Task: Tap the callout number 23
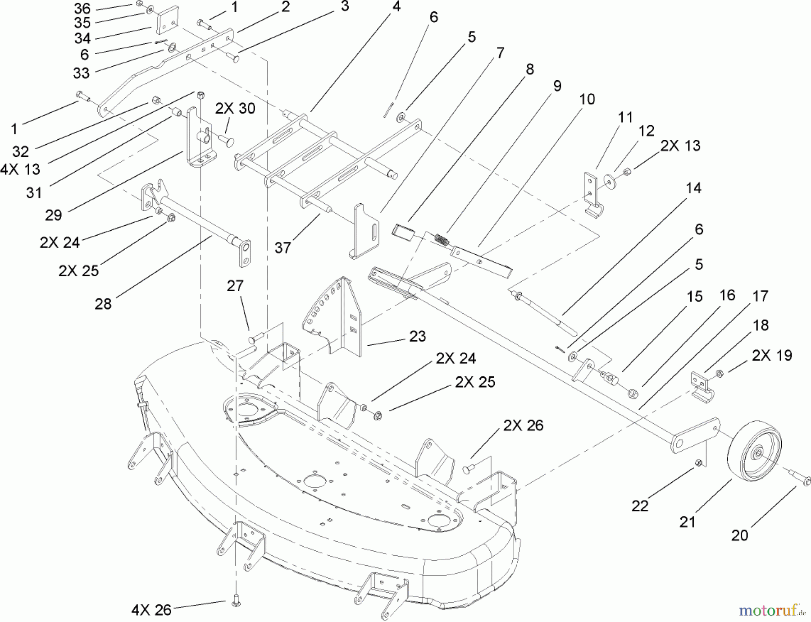(x=418, y=336)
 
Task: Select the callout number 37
(x=282, y=247)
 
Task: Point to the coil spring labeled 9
(x=442, y=239)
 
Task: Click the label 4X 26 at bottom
(x=151, y=610)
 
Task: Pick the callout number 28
(x=103, y=304)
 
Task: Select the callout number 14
(x=693, y=188)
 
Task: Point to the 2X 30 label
(x=235, y=108)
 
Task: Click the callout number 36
(x=82, y=8)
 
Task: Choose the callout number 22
(x=640, y=506)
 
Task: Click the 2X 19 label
(x=772, y=355)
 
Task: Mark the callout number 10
(x=587, y=99)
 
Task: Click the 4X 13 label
(x=20, y=169)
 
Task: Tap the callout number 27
(x=235, y=286)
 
